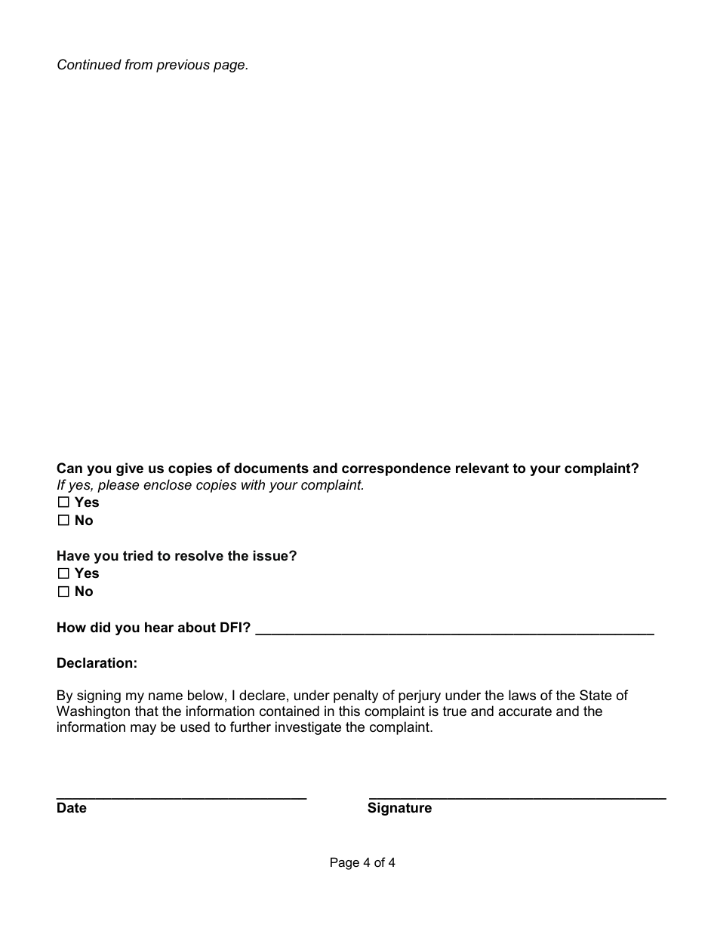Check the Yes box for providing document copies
[x=63, y=502]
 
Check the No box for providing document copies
[x=63, y=521]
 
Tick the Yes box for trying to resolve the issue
[x=63, y=573]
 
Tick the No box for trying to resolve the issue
[x=63, y=592]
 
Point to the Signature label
[x=399, y=808]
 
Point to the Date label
[x=72, y=808]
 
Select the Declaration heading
[x=97, y=663]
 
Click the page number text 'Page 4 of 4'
[x=362, y=862]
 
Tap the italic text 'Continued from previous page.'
[x=152, y=65]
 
